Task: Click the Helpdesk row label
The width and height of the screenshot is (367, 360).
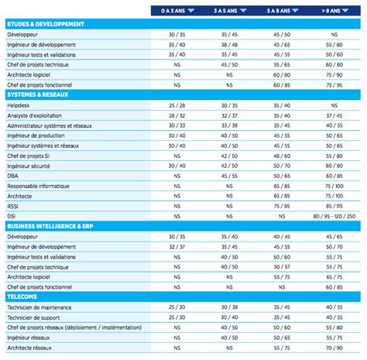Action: click(18, 105)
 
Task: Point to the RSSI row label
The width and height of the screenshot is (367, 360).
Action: click(13, 205)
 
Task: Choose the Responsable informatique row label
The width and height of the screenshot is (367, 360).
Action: click(38, 185)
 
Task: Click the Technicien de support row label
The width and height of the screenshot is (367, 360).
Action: click(36, 316)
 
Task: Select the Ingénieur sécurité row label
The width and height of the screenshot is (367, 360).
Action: click(29, 165)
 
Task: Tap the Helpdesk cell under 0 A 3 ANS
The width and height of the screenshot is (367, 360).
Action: click(177, 105)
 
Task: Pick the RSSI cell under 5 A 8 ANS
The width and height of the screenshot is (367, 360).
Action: click(282, 205)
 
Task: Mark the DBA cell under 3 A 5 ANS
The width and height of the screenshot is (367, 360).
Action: click(229, 175)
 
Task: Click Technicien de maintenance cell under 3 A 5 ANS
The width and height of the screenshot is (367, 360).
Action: click(229, 306)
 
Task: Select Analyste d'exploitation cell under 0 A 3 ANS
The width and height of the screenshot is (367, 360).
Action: click(177, 115)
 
